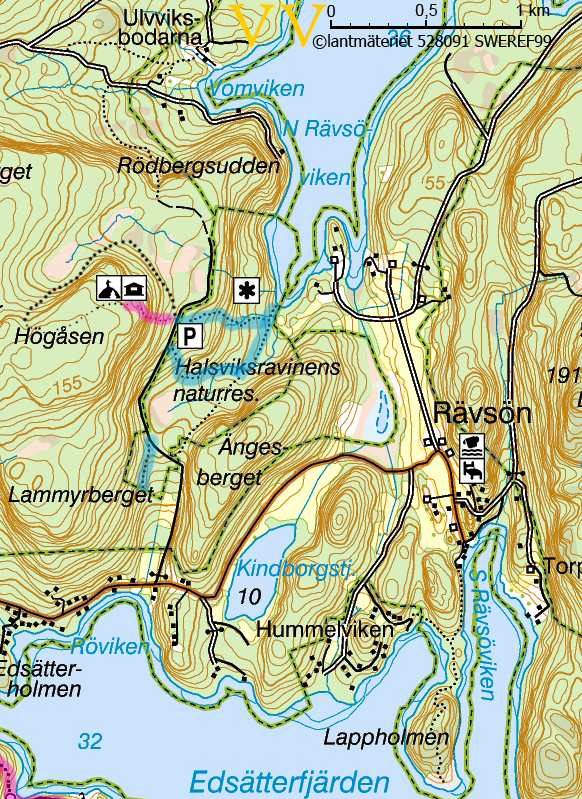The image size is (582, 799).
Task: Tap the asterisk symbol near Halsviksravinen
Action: click(x=245, y=290)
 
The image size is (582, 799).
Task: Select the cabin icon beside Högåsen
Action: click(x=134, y=289)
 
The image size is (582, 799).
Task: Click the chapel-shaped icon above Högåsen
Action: click(x=108, y=289)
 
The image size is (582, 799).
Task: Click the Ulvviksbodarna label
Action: click(x=162, y=27)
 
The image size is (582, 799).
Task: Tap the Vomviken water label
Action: click(x=255, y=89)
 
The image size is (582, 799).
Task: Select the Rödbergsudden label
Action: click(x=198, y=166)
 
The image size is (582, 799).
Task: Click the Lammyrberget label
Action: click(x=80, y=495)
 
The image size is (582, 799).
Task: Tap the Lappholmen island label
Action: click(x=386, y=738)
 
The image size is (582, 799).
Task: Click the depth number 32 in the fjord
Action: click(x=90, y=741)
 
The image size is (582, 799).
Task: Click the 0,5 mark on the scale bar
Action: click(x=426, y=10)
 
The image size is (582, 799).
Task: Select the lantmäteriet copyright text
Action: click(x=446, y=42)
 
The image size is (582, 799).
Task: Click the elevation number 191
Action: click(x=564, y=375)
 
